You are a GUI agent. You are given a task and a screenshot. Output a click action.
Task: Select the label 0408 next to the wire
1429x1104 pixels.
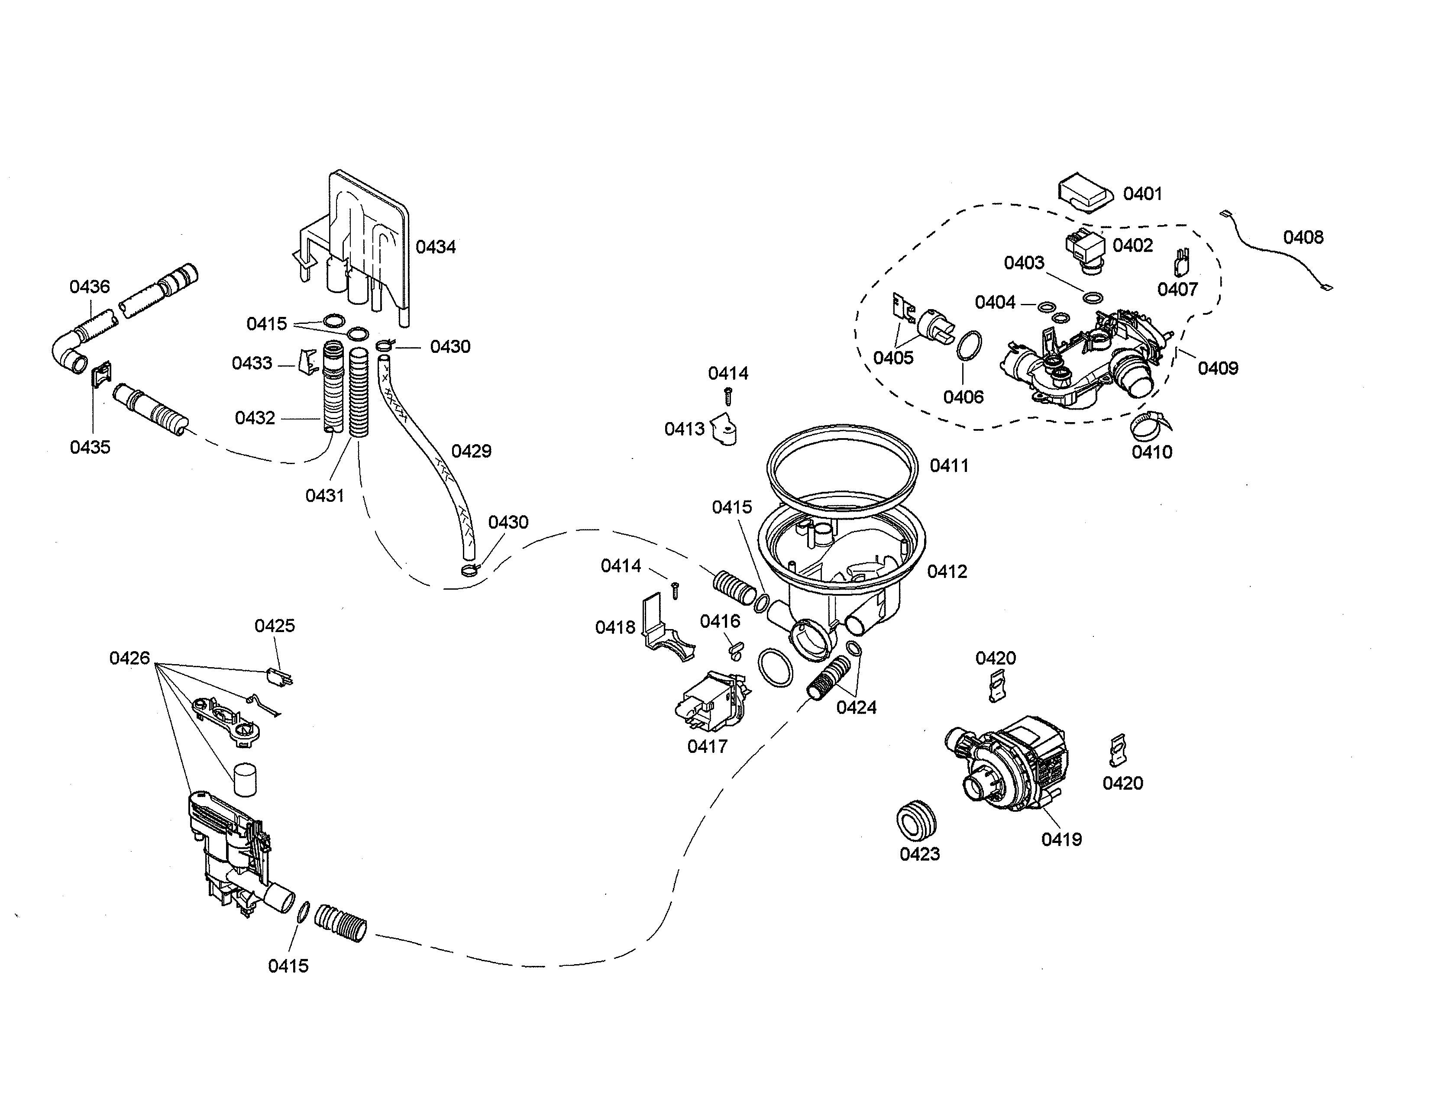(1303, 237)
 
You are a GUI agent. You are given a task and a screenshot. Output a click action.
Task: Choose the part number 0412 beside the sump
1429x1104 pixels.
(947, 571)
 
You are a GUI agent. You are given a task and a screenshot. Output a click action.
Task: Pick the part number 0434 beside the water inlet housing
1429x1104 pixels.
(436, 247)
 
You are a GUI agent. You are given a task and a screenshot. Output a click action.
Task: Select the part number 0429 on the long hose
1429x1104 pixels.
(471, 451)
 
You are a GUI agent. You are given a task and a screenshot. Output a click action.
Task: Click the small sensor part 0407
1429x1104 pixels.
(1182, 263)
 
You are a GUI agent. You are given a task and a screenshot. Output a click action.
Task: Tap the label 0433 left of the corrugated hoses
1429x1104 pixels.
(252, 362)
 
